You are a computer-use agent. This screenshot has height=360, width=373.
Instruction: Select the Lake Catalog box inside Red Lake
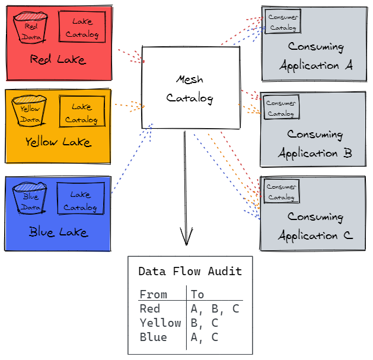(x=82, y=27)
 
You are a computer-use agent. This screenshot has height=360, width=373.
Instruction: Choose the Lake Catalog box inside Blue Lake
(x=80, y=200)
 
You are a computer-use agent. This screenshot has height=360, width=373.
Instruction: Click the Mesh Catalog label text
(x=190, y=89)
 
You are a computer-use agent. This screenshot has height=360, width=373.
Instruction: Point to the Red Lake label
(x=58, y=60)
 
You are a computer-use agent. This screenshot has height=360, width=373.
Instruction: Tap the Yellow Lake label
(x=58, y=142)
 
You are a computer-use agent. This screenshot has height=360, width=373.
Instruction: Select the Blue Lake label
(x=58, y=232)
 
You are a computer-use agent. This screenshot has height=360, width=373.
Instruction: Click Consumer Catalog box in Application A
(x=283, y=22)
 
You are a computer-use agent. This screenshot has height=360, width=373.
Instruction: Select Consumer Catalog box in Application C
(x=281, y=192)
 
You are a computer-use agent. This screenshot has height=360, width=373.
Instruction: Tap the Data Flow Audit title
(x=190, y=272)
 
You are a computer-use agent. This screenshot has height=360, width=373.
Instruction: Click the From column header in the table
(x=153, y=294)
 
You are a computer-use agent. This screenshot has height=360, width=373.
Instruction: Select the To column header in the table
(x=197, y=294)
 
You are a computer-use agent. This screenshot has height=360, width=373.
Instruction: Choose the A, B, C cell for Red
(x=215, y=308)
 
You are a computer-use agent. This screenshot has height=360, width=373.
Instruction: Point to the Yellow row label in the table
(x=160, y=323)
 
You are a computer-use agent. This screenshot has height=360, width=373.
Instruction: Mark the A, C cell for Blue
(x=205, y=337)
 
